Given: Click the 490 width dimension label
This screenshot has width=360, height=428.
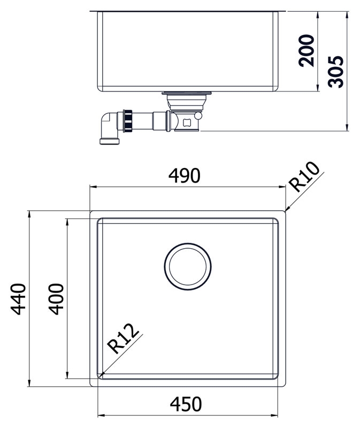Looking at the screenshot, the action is [184, 175].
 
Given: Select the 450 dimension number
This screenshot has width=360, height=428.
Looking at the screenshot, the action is [186, 404].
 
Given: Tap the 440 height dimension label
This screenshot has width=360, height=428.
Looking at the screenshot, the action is [18, 299].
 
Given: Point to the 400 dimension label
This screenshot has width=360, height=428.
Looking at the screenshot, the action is [56, 299].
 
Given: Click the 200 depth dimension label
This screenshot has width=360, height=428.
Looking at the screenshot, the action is [306, 50].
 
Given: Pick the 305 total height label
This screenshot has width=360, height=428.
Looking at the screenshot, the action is [336, 72].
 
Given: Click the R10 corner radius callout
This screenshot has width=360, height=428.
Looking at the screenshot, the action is [305, 177].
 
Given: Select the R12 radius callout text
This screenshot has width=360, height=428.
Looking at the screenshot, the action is [122, 339].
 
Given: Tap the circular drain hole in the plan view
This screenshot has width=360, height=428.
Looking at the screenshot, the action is [188, 266].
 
